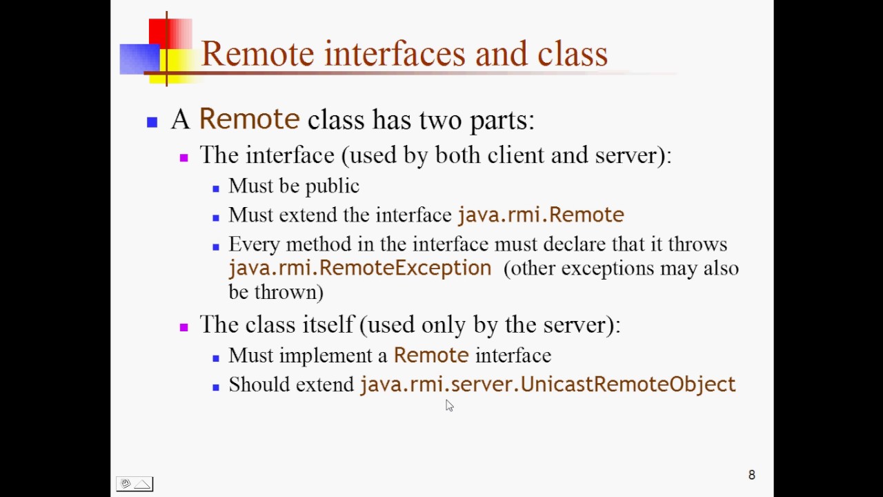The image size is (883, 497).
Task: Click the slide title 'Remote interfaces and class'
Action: click(404, 54)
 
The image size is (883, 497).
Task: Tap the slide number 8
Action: click(752, 475)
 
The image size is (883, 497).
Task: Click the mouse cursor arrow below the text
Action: click(449, 406)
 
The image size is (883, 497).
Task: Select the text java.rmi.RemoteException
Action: click(359, 268)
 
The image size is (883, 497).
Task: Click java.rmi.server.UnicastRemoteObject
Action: click(548, 384)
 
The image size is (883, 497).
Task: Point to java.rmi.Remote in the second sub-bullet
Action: click(541, 215)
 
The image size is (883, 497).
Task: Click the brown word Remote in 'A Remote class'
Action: click(249, 119)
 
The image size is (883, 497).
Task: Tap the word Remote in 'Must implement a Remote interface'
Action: click(431, 355)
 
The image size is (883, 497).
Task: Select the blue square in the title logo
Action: click(138, 59)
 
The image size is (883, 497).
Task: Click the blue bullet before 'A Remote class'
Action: click(152, 123)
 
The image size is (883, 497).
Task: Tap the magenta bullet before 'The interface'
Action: click(183, 157)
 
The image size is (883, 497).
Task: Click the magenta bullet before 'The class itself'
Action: click(183, 327)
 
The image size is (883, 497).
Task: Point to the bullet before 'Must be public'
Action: click(216, 188)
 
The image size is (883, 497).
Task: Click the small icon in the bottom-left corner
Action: click(135, 484)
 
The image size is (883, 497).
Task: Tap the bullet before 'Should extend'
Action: click(216, 387)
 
